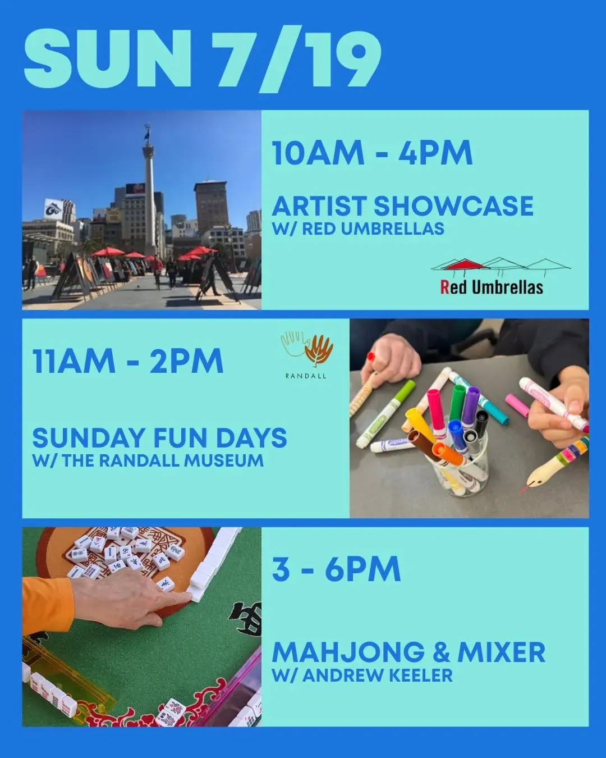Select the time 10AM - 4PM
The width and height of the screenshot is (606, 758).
tap(372, 153)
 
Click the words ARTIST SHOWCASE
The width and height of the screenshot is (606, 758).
tap(402, 206)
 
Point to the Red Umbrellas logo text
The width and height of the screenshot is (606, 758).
tap(492, 287)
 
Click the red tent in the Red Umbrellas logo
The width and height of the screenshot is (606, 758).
tap(463, 264)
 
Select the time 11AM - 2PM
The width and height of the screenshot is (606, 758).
tap(128, 361)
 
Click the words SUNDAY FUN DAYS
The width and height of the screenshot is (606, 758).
tap(159, 438)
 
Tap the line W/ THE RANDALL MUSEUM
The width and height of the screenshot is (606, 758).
tap(148, 460)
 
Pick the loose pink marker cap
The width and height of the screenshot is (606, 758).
tap(517, 405)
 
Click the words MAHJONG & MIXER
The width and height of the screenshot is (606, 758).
tap(408, 652)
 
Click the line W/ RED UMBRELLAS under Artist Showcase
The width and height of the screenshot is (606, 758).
tap(358, 229)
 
